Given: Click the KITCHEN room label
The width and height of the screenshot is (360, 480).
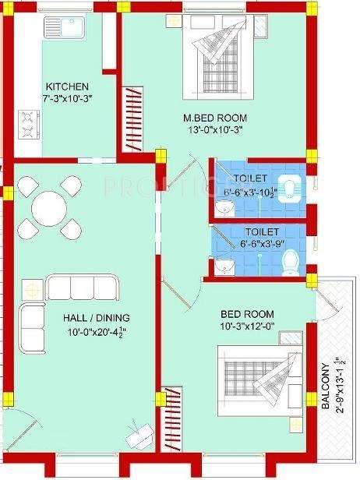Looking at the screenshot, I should click(67, 86).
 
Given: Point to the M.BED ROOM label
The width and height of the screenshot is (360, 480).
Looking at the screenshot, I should click(209, 118).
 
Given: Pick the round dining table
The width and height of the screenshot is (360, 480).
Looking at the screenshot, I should click(49, 209).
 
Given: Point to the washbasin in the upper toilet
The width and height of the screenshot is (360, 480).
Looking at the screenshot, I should click(224, 209).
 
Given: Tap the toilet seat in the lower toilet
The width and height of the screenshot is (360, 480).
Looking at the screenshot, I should click(290, 265).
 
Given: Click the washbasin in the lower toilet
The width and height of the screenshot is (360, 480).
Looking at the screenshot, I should click(225, 266).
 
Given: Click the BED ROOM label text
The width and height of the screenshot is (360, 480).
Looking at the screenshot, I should click(248, 314).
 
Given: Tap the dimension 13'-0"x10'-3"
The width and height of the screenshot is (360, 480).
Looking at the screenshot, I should click(209, 132).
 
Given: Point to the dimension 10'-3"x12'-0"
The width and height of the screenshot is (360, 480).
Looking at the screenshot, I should click(247, 327).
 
